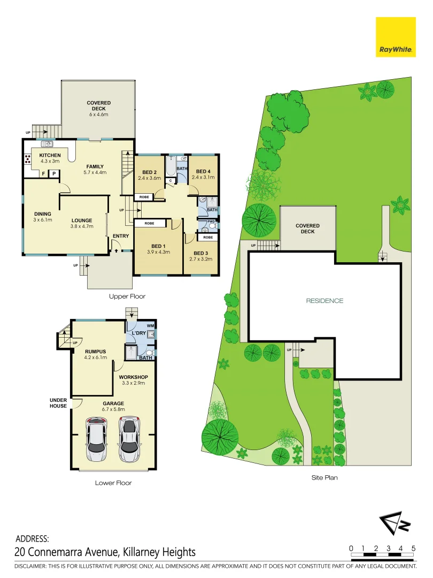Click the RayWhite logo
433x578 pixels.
pos(396,37)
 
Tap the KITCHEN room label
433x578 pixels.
pos(50,155)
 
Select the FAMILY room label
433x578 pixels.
pos(95,166)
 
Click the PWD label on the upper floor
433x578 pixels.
pos(211,221)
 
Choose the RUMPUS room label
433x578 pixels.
pos(95,351)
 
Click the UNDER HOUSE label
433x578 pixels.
pos(58,402)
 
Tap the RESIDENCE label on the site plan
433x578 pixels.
pos(324,301)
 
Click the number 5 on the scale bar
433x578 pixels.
pos(414,548)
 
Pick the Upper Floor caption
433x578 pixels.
pos(127,296)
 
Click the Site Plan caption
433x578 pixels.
pos(324,477)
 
